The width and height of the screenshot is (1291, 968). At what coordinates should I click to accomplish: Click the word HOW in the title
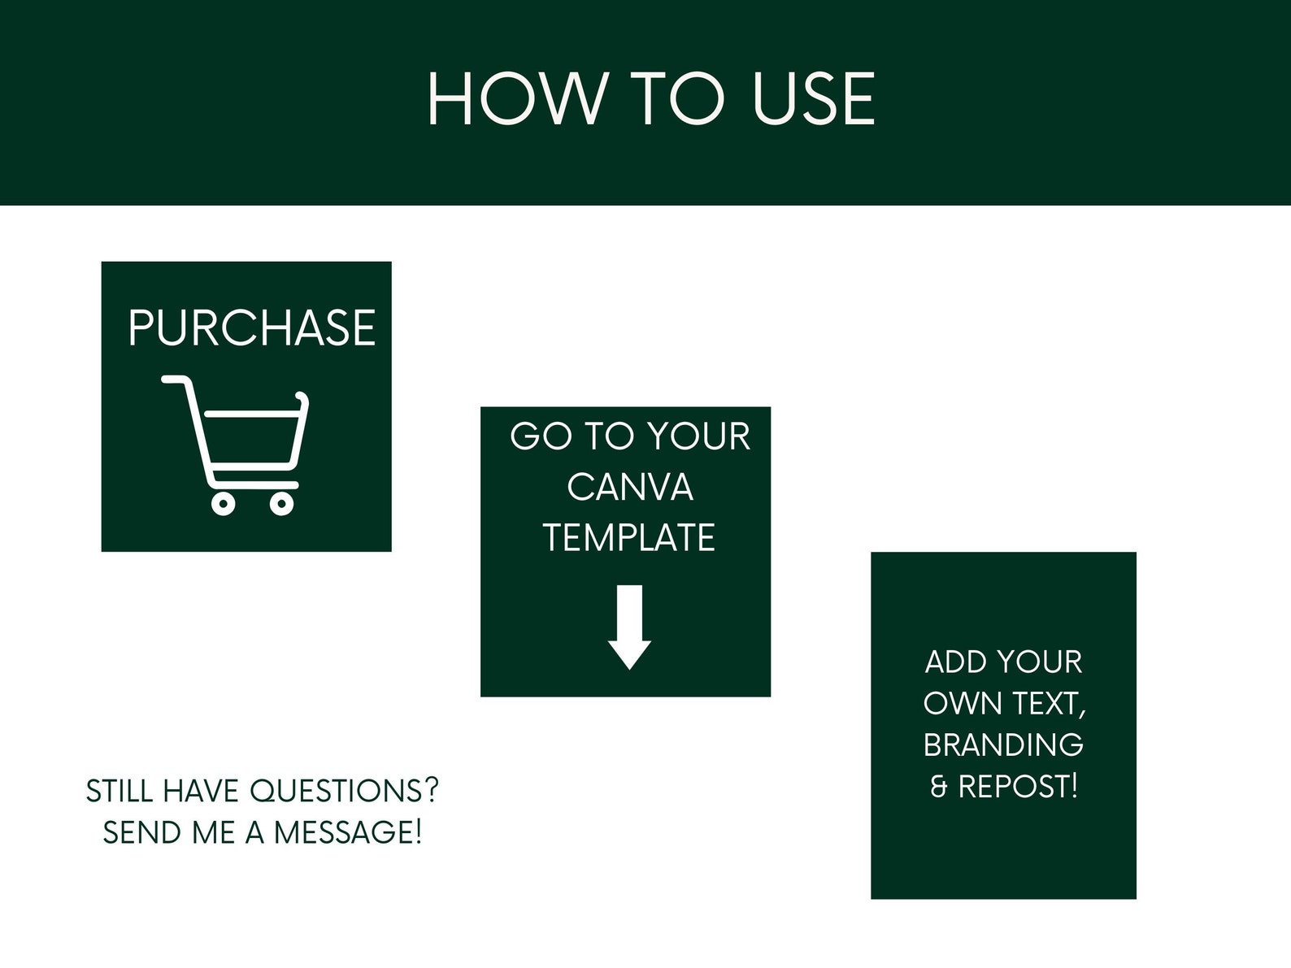point(518,98)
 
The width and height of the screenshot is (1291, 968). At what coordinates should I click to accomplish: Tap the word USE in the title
point(814,98)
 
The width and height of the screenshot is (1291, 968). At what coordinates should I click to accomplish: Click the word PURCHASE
point(252,328)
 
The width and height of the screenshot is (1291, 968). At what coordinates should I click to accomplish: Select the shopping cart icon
point(235,445)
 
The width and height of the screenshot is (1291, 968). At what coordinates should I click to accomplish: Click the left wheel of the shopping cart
point(224,504)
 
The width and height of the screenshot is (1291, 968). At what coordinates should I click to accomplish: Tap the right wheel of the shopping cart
point(282,504)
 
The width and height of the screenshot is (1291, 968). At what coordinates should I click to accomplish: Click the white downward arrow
point(629,627)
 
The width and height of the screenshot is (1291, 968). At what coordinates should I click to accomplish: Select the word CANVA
point(630,487)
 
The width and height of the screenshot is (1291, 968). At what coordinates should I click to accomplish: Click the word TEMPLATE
point(628,537)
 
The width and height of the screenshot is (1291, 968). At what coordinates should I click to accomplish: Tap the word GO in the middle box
point(541,436)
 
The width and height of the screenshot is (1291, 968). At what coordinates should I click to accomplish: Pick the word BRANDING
point(1003,744)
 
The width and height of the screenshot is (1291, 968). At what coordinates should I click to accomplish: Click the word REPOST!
point(1018,787)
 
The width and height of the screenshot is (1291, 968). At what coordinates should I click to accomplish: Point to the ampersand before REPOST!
point(939,787)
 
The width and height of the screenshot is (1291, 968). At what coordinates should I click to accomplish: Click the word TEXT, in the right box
point(1048,704)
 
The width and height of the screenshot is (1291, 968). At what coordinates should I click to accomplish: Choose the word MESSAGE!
point(348,832)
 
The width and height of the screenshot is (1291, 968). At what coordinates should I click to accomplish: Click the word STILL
point(120,791)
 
